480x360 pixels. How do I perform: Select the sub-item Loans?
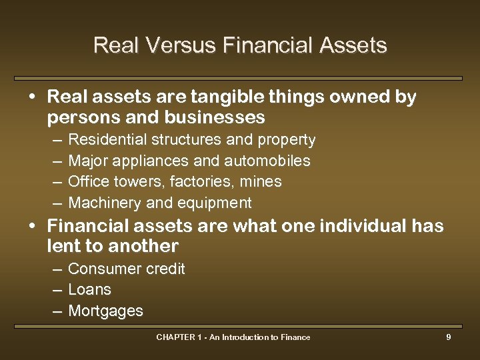point(89,290)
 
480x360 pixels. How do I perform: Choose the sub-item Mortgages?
point(105,311)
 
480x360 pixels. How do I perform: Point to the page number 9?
point(449,337)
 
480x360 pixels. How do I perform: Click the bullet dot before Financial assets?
point(32,225)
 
